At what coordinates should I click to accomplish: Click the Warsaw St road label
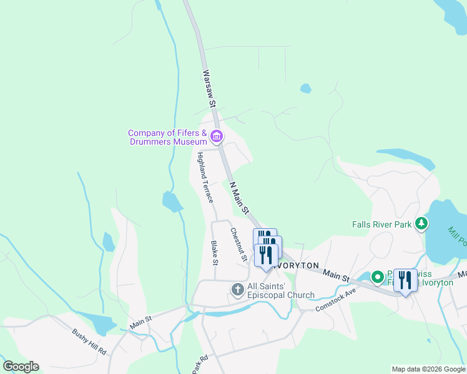pos(209,88)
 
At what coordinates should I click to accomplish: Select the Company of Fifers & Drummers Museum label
pos(167,137)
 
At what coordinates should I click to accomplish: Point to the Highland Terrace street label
pos(205,178)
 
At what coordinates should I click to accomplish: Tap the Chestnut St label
pos(238,244)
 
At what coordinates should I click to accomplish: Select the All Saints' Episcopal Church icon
pos(237,290)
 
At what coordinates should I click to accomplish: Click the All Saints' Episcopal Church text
pos(272,290)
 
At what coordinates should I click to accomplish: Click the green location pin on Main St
pos(377,276)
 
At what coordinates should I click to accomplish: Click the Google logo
pos(21,367)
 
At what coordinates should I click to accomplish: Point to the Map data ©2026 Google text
pos(428,369)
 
